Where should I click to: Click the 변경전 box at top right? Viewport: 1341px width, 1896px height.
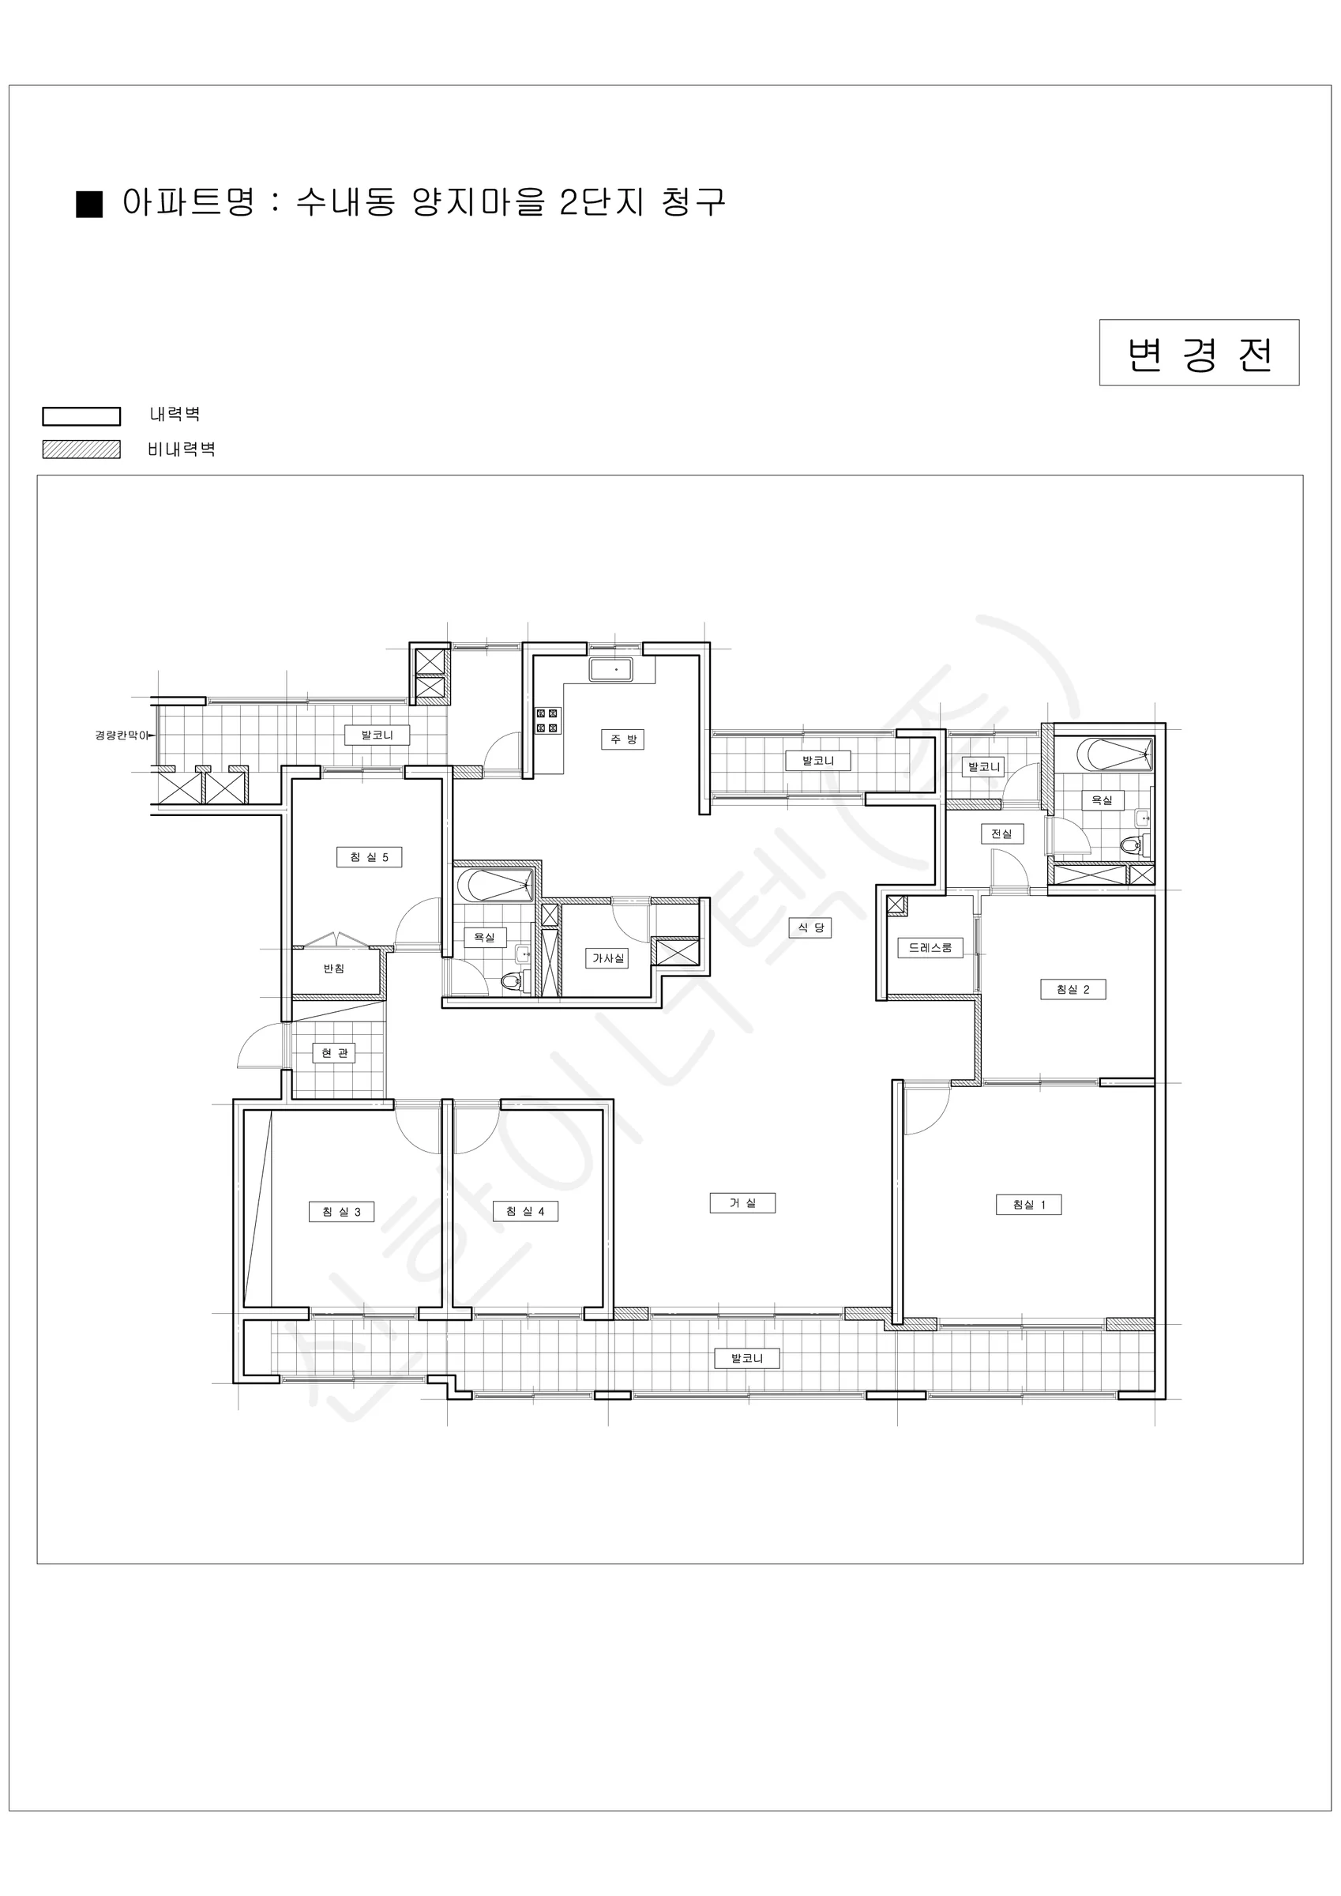(x=1199, y=352)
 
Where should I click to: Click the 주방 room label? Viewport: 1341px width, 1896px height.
(x=622, y=739)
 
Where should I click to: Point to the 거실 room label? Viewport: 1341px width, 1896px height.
(x=742, y=1203)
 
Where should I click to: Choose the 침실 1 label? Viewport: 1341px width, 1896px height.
(x=1029, y=1205)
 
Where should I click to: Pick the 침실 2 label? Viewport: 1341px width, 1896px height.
(x=1072, y=989)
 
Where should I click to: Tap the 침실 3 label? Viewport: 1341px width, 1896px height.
(x=341, y=1211)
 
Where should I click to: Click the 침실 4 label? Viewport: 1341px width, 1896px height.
(x=525, y=1210)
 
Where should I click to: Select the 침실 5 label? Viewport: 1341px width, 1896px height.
(x=369, y=857)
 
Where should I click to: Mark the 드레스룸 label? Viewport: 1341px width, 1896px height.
(x=930, y=948)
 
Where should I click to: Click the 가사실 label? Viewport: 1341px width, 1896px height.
(x=608, y=958)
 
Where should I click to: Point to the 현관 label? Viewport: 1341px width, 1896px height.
(x=333, y=1053)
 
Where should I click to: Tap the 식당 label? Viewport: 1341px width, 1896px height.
(x=810, y=927)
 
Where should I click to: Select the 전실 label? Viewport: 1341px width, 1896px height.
(x=1001, y=834)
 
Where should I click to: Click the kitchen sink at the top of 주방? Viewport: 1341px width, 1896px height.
(x=611, y=670)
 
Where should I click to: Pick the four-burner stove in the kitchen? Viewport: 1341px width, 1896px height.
(x=547, y=721)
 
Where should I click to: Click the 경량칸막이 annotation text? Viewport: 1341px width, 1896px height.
(x=122, y=735)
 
